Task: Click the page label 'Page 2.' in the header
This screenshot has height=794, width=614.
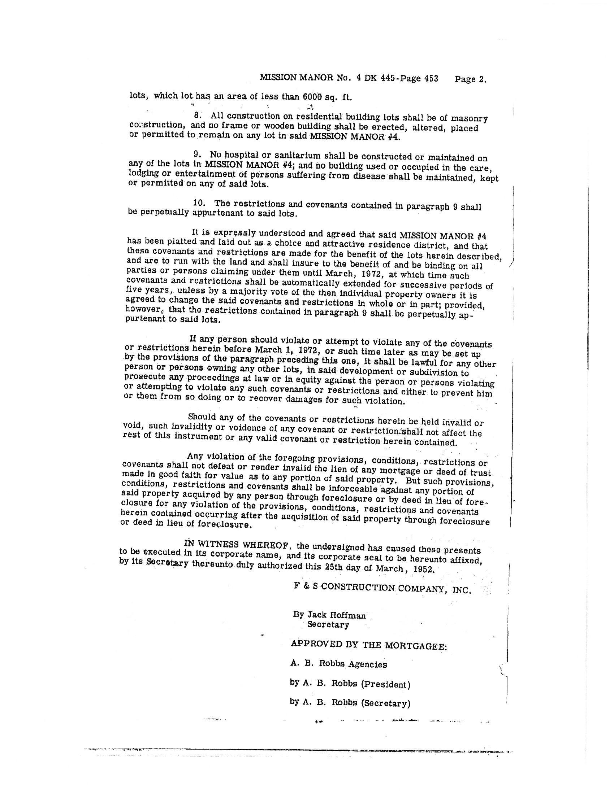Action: pos(470,79)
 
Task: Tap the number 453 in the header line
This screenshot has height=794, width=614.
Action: pos(431,79)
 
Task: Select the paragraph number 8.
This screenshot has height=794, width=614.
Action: pos(198,115)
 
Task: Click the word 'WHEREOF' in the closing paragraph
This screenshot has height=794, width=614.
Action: pos(266,545)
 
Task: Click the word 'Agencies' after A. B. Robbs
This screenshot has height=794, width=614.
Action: pos(368,664)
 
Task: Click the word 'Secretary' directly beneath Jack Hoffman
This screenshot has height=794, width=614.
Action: pos(328,625)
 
